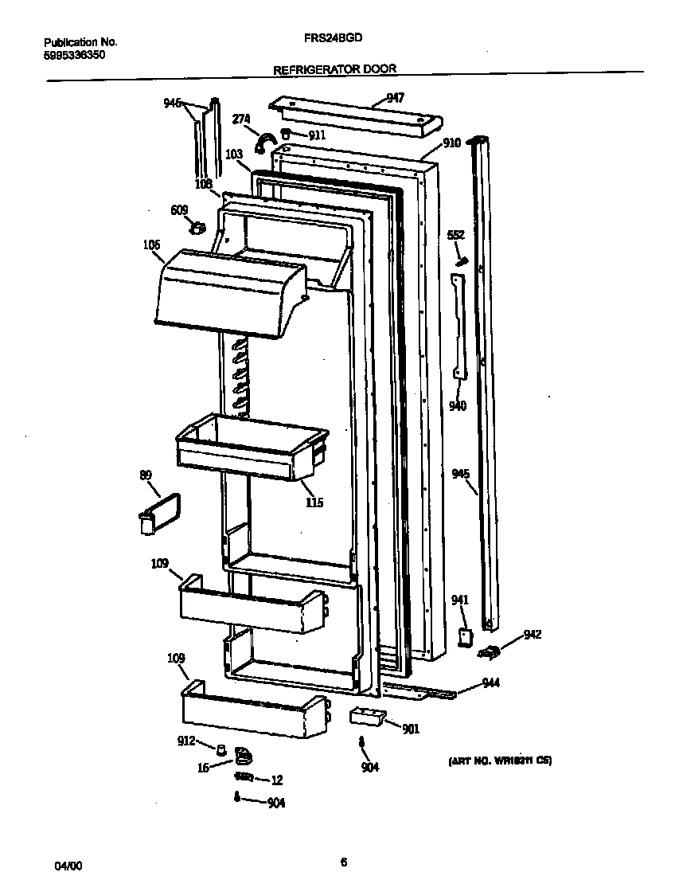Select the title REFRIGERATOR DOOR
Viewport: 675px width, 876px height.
click(x=334, y=69)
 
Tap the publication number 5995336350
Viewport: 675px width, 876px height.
click(x=74, y=55)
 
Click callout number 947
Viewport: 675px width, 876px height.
click(x=395, y=98)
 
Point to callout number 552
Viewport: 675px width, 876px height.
click(x=455, y=236)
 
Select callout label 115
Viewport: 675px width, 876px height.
click(x=314, y=503)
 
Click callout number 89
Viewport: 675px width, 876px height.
click(x=146, y=476)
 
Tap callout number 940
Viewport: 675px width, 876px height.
click(x=458, y=406)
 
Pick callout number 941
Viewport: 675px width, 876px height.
click(x=460, y=600)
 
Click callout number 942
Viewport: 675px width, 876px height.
click(x=533, y=635)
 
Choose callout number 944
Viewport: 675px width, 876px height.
click(x=492, y=682)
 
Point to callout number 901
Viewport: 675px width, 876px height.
click(x=411, y=728)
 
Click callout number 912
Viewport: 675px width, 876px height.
click(x=185, y=741)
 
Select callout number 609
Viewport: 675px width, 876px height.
click(x=179, y=210)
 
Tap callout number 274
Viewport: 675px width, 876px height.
click(x=241, y=119)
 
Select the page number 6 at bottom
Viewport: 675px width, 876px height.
click(x=343, y=861)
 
